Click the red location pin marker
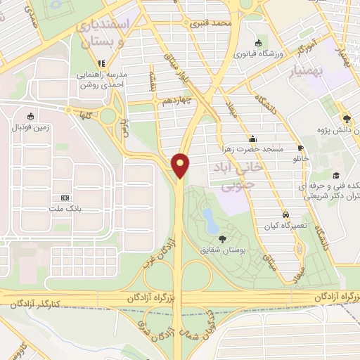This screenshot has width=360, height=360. coord(181,165)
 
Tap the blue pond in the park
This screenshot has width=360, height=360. coord(209,219)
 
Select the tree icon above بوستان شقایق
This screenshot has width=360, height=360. coord(223,239)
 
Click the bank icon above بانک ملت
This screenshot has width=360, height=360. coord(65,198)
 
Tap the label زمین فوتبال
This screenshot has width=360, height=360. coord(30,127)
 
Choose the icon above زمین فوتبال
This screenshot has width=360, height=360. coord(30,116)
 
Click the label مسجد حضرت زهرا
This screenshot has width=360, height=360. coord(252,148)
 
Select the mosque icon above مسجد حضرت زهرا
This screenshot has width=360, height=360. coord(252,138)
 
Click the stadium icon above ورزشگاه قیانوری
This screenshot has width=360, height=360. coord(259,42)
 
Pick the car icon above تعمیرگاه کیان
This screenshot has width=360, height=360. coord(285,214)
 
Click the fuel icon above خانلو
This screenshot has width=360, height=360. coord(301,148)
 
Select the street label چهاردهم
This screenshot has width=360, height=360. coord(174,101)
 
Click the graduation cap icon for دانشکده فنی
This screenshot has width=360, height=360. coord(336,175)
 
